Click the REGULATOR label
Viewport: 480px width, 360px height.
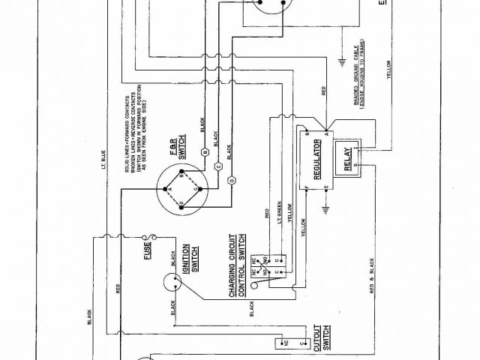pos(316,158)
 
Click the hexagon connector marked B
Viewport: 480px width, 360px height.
pos(204,151)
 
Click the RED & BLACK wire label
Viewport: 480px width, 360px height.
pos(370,277)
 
